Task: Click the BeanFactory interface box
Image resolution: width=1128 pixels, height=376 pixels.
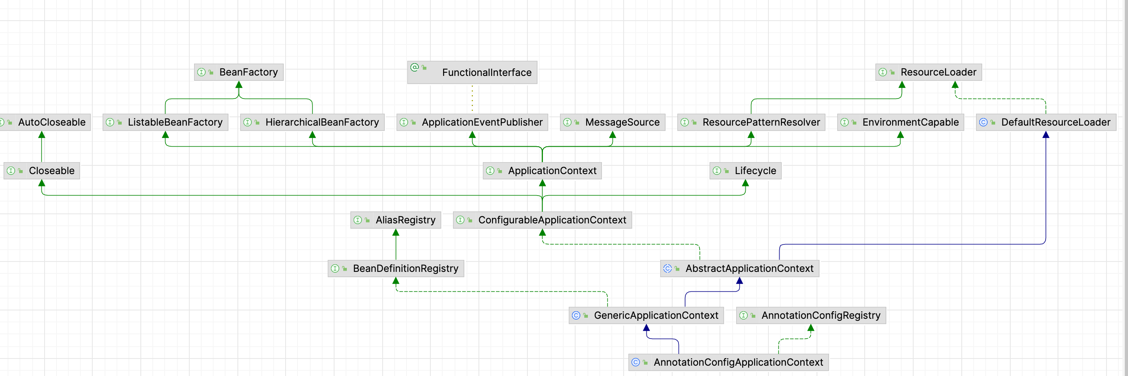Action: point(239,72)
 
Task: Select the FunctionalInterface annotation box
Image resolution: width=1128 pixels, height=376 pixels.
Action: point(472,72)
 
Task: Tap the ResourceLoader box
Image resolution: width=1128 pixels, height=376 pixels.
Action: point(928,72)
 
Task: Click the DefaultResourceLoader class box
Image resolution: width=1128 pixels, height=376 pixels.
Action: point(1046,122)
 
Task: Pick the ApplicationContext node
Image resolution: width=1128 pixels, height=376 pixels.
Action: point(542,171)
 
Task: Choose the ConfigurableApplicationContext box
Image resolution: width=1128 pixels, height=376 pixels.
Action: point(542,220)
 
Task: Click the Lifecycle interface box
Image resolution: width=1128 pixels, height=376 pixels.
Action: point(745,171)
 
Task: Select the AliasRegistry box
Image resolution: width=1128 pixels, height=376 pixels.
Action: point(395,220)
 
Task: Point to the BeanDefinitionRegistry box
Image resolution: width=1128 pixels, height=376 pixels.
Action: point(395,268)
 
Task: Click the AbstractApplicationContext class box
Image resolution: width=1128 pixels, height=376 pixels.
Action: point(739,268)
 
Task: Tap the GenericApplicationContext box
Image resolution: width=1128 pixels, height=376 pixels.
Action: point(646,315)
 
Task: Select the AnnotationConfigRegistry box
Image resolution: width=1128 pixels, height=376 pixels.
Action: point(811,315)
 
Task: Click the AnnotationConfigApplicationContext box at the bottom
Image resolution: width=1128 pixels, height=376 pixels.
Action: point(728,362)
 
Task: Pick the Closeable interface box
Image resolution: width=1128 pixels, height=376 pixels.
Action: point(42,171)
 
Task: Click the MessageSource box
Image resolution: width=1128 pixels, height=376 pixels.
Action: point(613,122)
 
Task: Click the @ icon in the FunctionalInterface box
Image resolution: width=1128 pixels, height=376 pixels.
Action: point(414,68)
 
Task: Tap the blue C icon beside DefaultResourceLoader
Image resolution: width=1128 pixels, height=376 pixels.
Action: point(983,122)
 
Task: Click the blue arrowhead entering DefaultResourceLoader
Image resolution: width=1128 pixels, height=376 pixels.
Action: point(1046,135)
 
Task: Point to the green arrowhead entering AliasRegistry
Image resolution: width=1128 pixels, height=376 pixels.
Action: point(396,233)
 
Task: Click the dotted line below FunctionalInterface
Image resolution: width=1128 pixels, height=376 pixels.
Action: point(472,99)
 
